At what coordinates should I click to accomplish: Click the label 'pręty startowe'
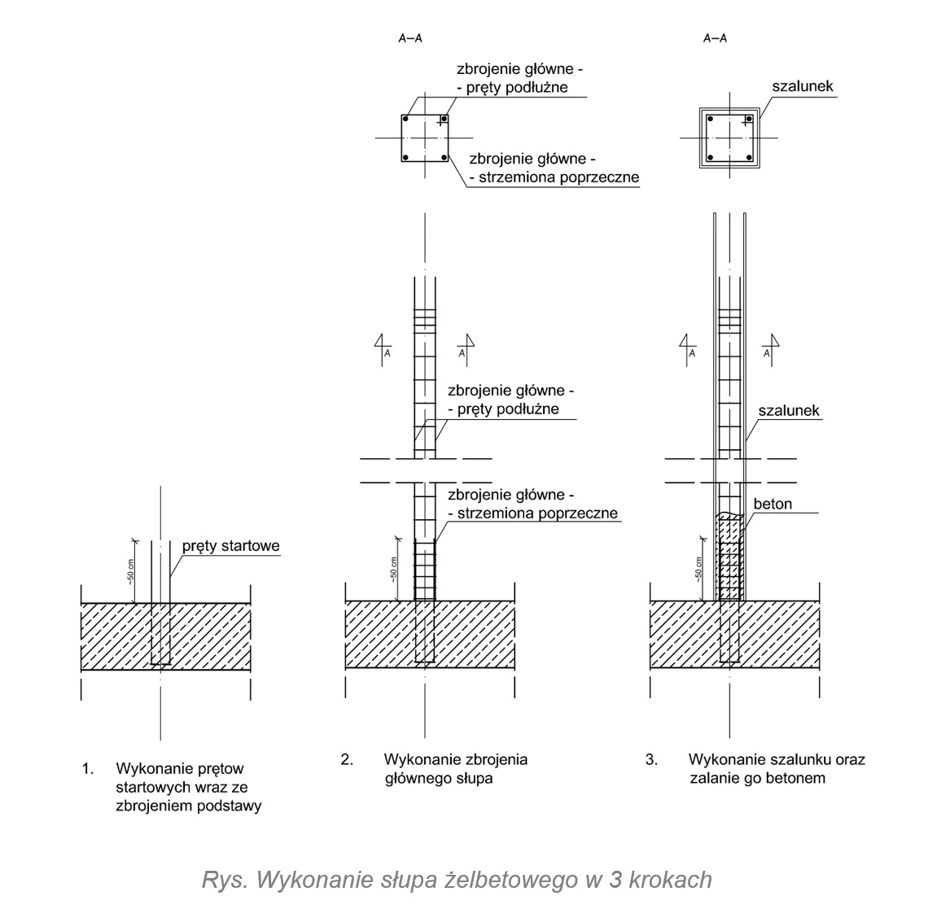(230, 546)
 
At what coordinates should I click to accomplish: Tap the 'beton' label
(773, 505)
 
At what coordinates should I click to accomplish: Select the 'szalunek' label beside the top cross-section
(802, 86)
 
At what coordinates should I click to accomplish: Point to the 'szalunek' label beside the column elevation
(789, 411)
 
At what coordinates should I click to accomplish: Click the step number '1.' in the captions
(88, 768)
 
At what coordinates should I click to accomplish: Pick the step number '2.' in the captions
(347, 759)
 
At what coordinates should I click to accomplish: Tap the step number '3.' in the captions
(651, 759)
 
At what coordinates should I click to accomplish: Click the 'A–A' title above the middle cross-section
(410, 38)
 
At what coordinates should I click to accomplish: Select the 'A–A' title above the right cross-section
(715, 38)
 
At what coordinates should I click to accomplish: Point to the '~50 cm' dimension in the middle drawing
(394, 570)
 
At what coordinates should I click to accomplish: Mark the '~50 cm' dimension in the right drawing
(698, 570)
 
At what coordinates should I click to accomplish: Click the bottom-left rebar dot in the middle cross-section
(405, 157)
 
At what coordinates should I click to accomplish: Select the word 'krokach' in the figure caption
(675, 880)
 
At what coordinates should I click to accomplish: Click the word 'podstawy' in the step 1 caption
(231, 807)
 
